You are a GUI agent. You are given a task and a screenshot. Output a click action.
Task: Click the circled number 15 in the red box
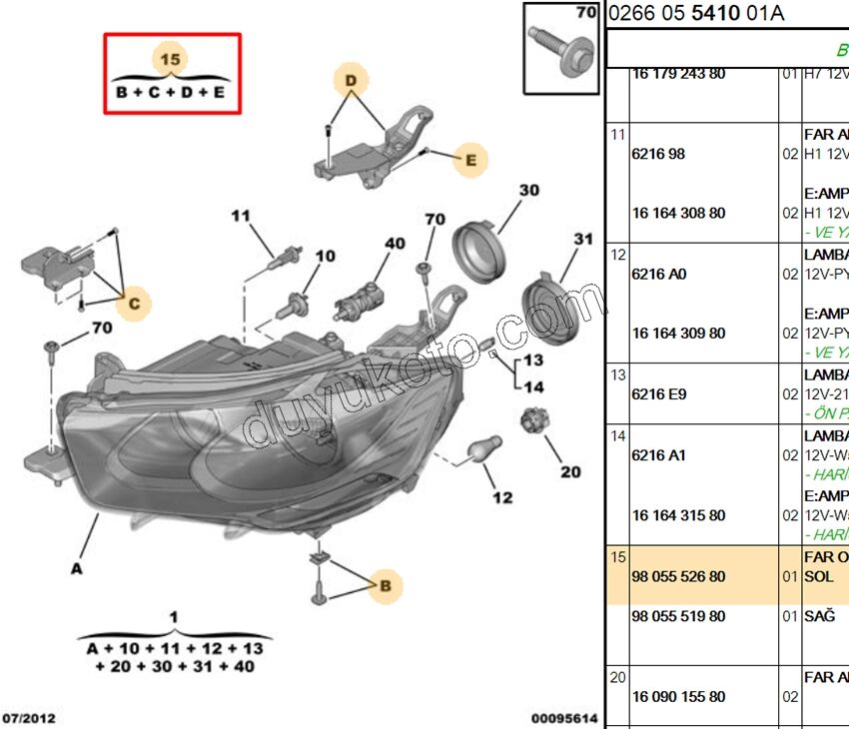171,60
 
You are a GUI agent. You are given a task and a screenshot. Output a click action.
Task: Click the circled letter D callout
351,79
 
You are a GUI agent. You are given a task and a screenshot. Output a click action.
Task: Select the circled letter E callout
469,159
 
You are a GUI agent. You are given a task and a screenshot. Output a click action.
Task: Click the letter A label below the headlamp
76,569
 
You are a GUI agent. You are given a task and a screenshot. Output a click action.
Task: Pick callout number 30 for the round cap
528,190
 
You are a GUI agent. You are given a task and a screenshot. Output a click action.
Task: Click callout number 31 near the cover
583,240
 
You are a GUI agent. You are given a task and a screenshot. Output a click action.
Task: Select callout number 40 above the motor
396,243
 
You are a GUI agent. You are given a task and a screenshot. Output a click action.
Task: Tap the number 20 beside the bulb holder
570,472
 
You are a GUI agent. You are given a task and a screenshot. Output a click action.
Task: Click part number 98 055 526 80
678,577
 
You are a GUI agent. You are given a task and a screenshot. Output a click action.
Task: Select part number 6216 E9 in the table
659,394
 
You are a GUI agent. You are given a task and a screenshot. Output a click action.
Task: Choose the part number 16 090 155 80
678,697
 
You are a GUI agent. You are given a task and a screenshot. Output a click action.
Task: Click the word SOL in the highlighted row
818,578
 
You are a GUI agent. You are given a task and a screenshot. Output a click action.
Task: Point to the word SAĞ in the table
819,617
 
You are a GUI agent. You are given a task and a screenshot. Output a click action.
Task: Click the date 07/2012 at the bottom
29,717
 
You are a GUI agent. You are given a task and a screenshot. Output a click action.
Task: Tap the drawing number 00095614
564,717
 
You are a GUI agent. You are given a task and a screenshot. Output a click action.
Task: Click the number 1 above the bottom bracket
174,617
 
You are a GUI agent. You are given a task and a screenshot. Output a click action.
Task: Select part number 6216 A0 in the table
659,274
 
